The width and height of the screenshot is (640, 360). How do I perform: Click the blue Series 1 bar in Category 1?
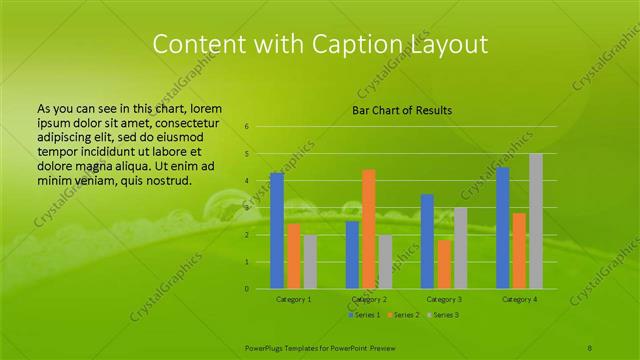click(x=277, y=231)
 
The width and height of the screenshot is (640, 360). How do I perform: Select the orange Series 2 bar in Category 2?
click(x=368, y=229)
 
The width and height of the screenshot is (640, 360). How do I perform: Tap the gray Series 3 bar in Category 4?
click(x=536, y=221)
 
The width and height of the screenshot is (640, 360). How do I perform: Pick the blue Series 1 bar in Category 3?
click(x=427, y=241)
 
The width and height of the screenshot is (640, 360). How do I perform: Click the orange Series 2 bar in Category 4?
click(x=519, y=251)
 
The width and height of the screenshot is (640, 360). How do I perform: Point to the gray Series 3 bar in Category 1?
click(x=310, y=262)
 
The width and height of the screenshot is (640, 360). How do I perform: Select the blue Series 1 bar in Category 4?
click(x=502, y=228)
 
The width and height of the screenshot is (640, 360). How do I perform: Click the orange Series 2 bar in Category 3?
click(x=444, y=264)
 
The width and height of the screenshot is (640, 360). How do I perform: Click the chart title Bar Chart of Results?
click(x=402, y=110)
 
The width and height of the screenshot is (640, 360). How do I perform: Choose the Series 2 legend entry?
click(x=403, y=315)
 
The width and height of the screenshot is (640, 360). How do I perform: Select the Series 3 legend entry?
click(x=443, y=315)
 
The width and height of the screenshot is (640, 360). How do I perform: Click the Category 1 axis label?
click(x=294, y=299)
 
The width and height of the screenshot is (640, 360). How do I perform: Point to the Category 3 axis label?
click(x=444, y=299)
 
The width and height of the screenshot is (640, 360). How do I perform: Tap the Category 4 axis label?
click(x=519, y=299)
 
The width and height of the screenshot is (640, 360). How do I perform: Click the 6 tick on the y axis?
click(x=246, y=127)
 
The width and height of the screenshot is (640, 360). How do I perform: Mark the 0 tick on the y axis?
click(x=246, y=289)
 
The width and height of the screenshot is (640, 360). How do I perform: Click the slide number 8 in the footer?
click(x=590, y=346)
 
